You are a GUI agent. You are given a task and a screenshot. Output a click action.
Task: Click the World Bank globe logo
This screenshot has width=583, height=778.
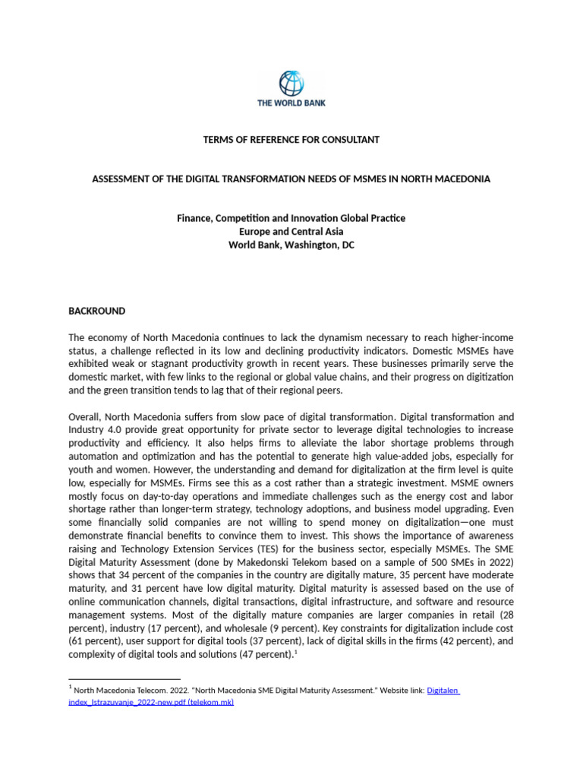291,84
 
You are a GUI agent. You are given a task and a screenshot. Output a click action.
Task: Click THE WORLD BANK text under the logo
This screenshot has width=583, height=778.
291,103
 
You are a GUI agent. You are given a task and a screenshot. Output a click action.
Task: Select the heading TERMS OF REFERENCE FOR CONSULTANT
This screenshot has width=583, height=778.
291,140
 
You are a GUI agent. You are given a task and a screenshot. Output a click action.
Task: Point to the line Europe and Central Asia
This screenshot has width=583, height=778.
291,232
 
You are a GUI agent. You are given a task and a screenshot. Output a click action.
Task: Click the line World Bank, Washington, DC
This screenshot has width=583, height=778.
291,245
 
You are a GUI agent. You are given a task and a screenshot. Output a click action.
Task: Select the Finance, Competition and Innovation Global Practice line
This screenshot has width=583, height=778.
291,219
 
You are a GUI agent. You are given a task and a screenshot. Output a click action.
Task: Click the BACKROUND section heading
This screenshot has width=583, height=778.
97,312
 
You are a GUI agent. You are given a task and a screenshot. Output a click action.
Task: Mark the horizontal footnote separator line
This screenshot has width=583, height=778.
124,679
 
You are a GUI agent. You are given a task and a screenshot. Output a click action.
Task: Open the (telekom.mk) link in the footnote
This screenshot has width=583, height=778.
210,703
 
